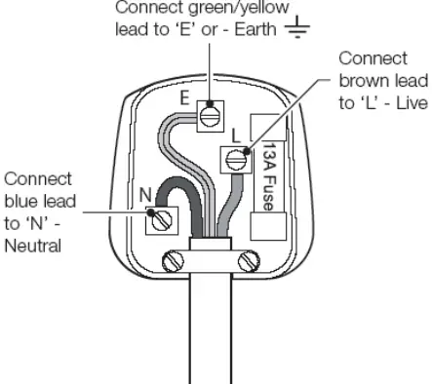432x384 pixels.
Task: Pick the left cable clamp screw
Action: coord(176,260)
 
